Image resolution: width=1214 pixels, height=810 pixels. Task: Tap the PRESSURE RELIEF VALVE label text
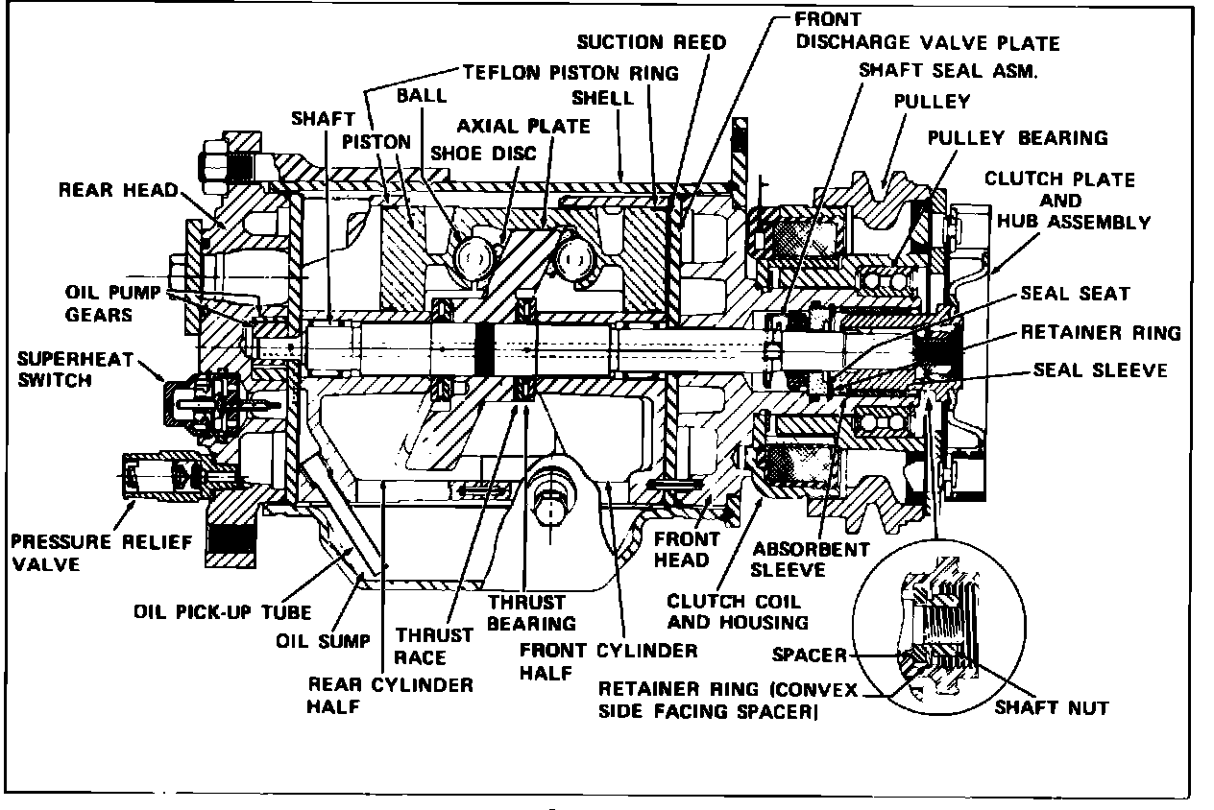point(101,553)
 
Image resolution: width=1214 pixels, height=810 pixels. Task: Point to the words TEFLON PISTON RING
point(571,72)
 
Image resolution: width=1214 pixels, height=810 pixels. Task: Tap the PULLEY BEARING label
point(1017,137)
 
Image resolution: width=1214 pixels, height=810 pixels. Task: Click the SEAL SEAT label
point(1075,294)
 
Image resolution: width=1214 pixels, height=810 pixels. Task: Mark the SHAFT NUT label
point(1052,708)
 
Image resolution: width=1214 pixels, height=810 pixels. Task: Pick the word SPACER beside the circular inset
point(810,656)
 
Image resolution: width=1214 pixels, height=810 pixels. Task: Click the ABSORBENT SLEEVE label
point(797,560)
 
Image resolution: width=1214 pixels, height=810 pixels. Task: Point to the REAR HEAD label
point(119,190)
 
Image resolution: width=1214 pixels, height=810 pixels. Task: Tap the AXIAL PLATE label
point(523,127)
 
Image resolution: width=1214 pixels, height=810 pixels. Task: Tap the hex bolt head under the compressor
point(550,509)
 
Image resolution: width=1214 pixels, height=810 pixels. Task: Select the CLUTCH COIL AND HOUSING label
point(738,611)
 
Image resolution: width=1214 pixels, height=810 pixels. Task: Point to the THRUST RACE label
point(421,646)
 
